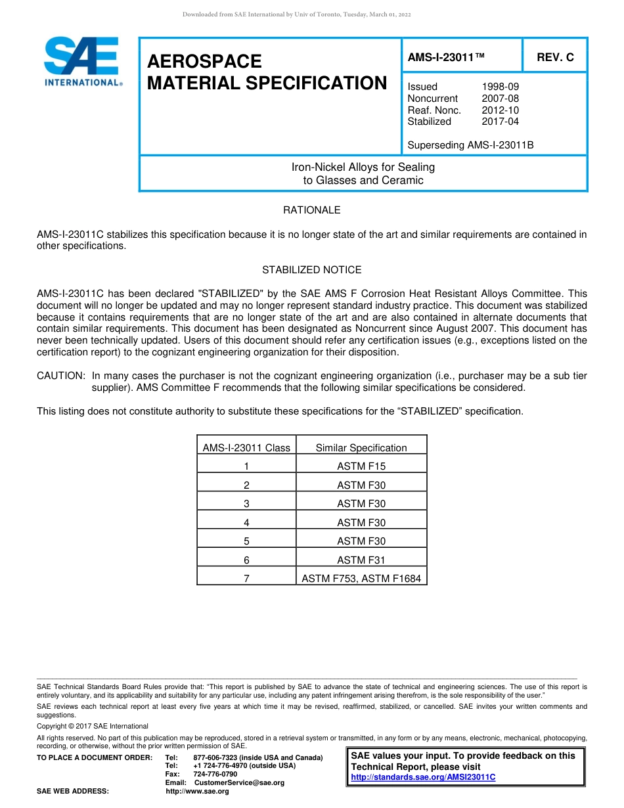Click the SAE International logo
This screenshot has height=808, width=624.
82,62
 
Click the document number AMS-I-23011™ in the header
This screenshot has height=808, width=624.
446,57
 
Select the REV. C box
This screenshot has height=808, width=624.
555,57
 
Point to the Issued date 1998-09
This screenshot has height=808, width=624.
500,87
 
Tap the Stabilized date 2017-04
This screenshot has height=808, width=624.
500,122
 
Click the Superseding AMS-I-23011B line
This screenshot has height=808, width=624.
470,145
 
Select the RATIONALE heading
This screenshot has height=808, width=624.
311,210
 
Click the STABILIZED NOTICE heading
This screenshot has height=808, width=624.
311,270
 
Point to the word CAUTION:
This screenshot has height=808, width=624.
61,376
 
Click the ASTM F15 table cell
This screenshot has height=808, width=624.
361,466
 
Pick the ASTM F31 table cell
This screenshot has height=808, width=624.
361,560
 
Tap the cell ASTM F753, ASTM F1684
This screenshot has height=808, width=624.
361,579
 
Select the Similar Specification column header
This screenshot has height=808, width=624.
361,448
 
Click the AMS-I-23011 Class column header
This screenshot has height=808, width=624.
246,448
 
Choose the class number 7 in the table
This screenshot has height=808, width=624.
246,579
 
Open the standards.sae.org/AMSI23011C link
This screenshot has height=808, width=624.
423,777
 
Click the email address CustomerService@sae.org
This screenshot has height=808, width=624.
240,782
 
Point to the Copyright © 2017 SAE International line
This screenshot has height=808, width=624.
93,726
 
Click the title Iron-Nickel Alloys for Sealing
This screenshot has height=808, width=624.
363,167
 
